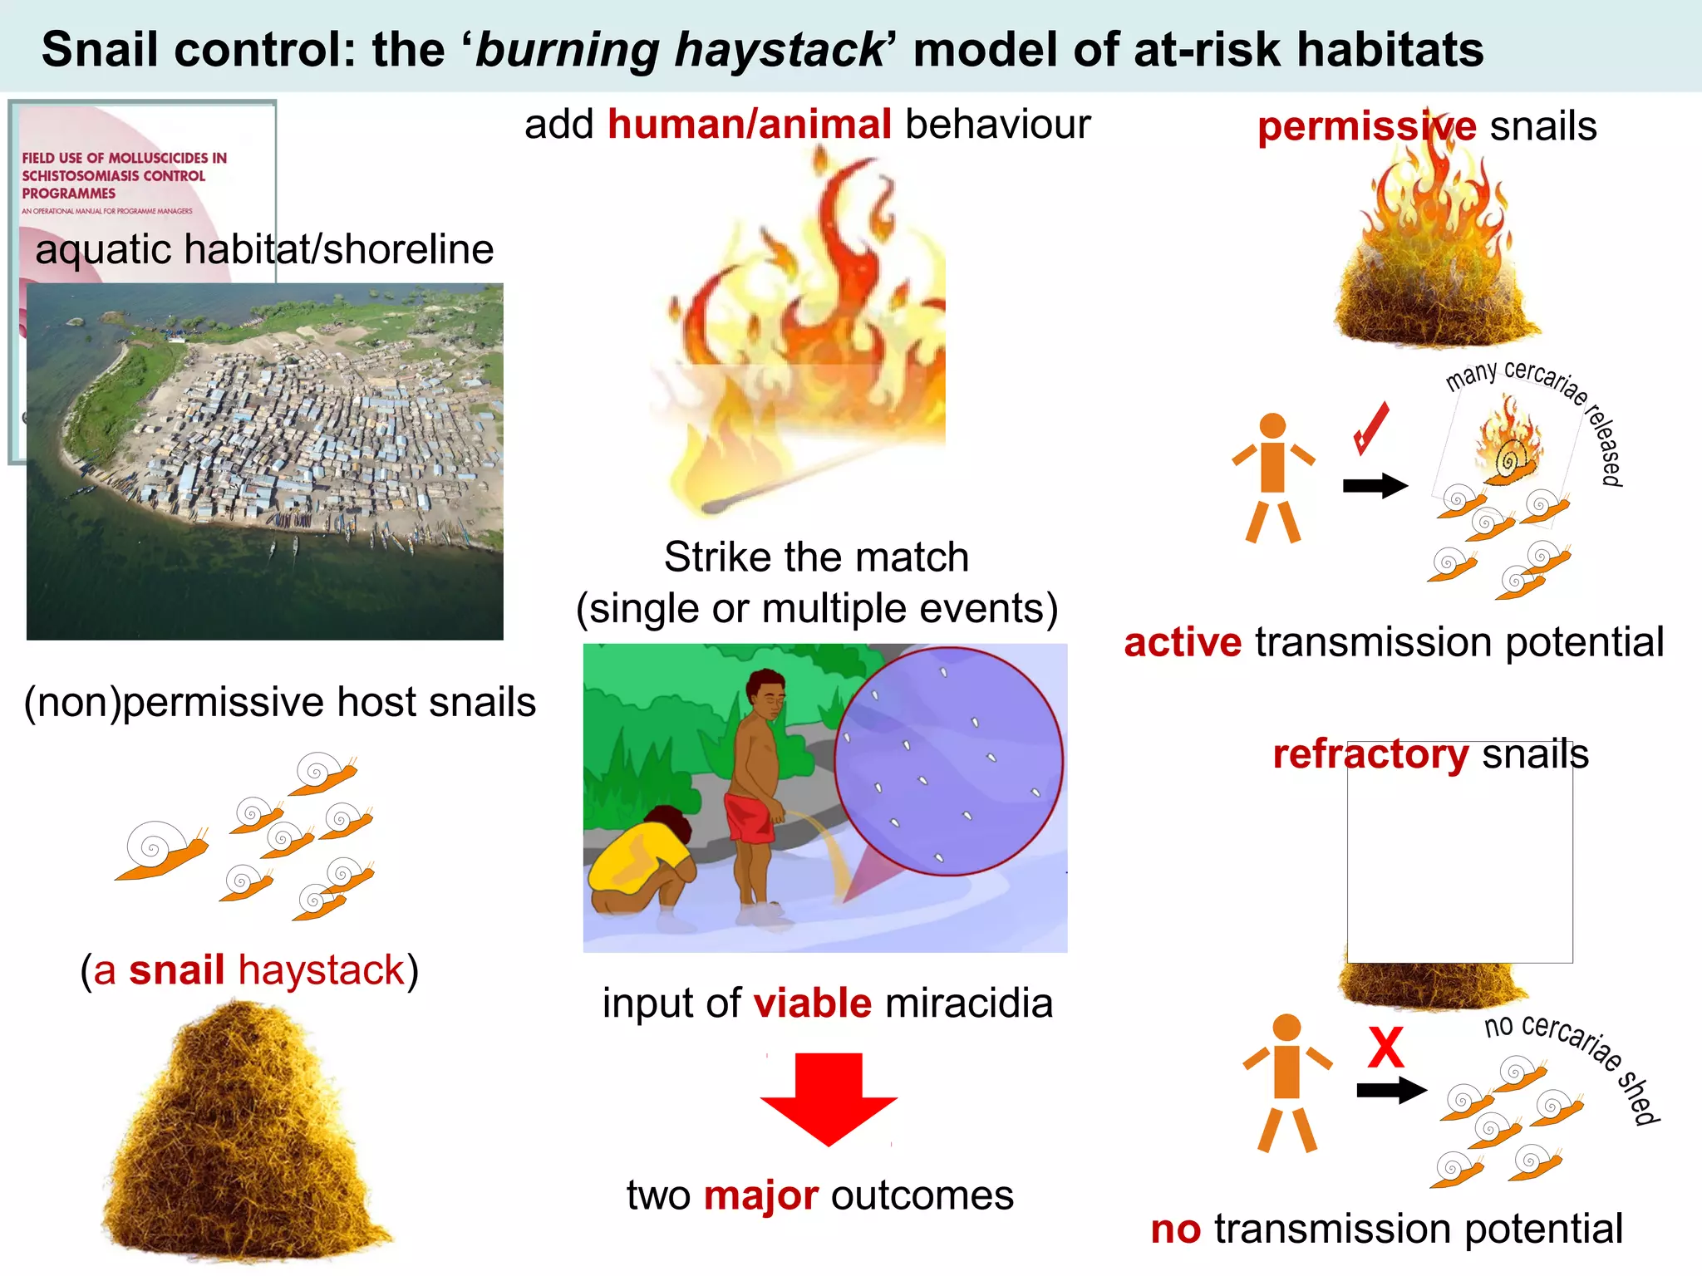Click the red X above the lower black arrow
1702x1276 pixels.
point(1385,1048)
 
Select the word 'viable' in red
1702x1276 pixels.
point(812,1003)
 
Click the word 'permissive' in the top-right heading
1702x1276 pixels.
point(1366,127)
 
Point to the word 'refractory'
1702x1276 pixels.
point(1370,754)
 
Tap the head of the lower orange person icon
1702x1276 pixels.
point(1286,1028)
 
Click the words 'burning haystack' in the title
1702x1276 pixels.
point(680,50)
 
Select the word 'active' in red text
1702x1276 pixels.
point(1182,643)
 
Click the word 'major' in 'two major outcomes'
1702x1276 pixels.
point(760,1196)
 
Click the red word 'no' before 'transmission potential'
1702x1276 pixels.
point(1175,1229)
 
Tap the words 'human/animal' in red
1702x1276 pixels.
point(750,125)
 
